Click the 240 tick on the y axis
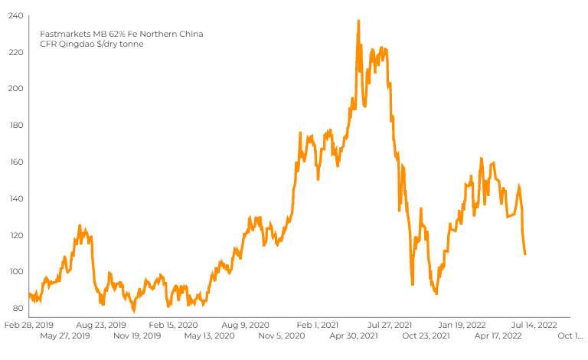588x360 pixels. tap(15, 15)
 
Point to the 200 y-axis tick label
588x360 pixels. tap(15, 88)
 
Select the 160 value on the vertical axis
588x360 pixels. tap(15, 162)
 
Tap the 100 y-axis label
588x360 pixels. tap(15, 272)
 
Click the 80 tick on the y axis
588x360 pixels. tap(17, 309)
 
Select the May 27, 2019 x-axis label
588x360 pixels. tap(65, 335)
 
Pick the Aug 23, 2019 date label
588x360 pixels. tap(100, 325)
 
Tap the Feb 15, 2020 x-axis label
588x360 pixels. tap(173, 325)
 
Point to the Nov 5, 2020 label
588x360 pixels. tap(283, 335)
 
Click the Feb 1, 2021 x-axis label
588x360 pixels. tap(318, 325)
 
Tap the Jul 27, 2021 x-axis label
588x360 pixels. tap(390, 325)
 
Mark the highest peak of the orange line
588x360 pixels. tap(358, 21)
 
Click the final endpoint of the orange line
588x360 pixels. tap(525, 254)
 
